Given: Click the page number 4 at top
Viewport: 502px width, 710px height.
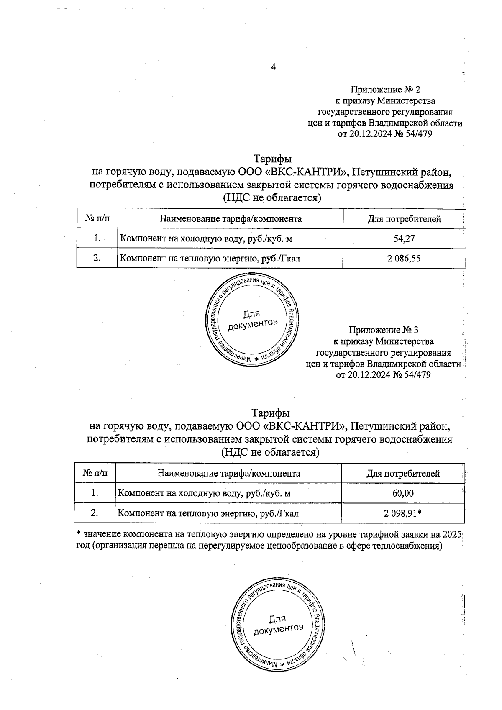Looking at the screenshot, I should coord(274,67).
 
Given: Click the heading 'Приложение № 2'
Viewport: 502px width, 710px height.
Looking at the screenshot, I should coord(385,90).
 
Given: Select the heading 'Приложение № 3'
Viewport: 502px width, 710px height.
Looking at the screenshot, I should coord(383,330).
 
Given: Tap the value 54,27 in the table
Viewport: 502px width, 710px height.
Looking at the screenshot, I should coord(404,238).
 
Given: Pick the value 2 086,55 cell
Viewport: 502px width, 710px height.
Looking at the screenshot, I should coord(404,259).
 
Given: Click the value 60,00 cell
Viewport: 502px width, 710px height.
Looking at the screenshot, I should coord(403,493).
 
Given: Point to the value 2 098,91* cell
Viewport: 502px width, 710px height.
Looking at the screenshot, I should coord(402,513).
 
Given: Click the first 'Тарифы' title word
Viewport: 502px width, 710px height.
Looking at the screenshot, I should coord(273,159).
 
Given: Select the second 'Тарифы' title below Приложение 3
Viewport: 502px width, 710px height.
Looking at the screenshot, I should coord(270,413).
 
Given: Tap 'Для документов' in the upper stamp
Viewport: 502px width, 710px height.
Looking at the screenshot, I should coord(252,319).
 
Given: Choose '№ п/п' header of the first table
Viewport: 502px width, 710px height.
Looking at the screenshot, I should coord(97,219).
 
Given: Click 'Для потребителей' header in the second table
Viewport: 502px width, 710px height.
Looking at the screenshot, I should coord(403,474).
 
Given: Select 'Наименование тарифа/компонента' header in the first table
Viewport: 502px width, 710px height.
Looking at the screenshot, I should coord(230,219).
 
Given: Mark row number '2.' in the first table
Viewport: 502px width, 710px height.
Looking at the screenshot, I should coord(97,258).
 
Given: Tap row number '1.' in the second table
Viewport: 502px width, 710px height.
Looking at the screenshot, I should coord(95,493).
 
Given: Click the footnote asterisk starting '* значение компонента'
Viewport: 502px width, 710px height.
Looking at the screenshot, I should coord(78,534).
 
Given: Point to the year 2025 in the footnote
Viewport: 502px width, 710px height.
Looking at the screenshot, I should coord(451,534).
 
